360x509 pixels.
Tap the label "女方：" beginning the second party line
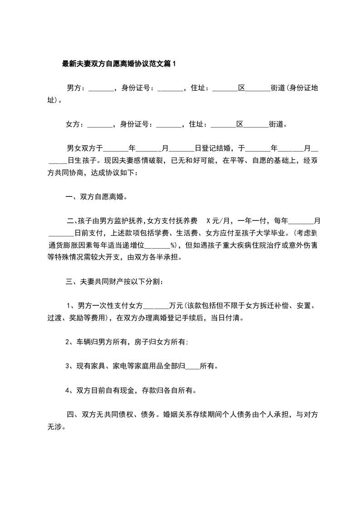tap(75, 124)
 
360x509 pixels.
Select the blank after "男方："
tap(101, 89)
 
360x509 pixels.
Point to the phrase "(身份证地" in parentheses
tap(301, 88)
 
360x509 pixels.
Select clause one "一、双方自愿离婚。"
tap(96, 197)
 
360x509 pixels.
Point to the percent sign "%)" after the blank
tap(173, 245)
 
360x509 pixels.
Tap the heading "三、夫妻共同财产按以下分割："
tap(115, 282)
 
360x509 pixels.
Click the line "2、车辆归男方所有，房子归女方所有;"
tap(127, 342)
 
